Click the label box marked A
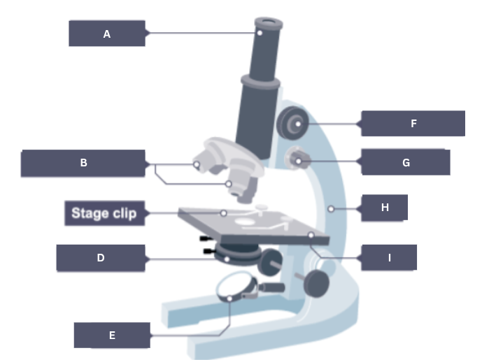pos(107,33)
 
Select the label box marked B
pos(83,163)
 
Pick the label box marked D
pos(101,257)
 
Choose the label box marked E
pos(112,335)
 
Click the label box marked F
pos(413,123)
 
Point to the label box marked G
pos(406,162)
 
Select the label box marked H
pos(384,208)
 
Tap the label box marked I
pos(389,257)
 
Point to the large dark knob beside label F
pos(292,124)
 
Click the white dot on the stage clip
pos(224,213)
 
